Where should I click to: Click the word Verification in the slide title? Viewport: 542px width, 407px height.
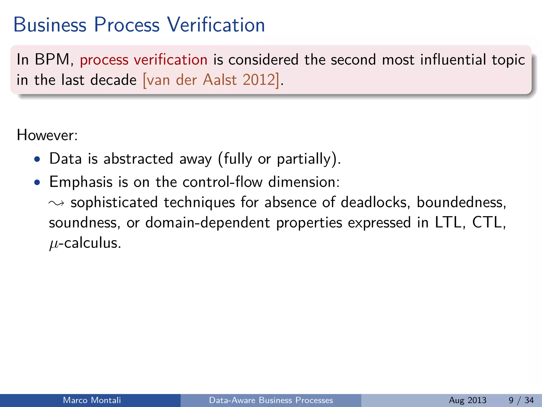[216, 25]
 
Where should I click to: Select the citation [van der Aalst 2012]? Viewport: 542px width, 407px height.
[211, 80]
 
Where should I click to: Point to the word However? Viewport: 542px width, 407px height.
[47, 135]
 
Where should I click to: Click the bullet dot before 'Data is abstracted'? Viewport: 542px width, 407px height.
[37, 160]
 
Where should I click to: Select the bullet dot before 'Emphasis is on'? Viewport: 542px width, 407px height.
[37, 183]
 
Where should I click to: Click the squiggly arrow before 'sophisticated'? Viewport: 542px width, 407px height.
[56, 203]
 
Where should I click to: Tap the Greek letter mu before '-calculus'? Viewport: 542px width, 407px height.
[53, 244]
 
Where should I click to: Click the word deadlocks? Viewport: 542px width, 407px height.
[375, 202]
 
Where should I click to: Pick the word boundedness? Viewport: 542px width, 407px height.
[461, 202]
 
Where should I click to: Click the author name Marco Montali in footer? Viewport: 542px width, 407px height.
[92, 400]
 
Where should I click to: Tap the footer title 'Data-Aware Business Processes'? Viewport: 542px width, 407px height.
[271, 400]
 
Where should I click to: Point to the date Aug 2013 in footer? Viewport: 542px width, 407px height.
[467, 400]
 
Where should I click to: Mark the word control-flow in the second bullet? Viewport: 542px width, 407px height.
[222, 182]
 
